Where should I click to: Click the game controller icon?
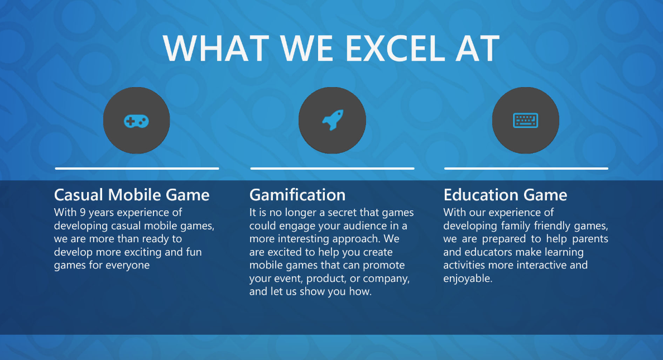(136, 122)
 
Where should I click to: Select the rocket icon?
(333, 120)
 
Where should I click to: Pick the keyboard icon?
(526, 121)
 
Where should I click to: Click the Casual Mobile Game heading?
(132, 195)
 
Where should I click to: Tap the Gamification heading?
(297, 195)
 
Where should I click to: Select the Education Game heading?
(505, 195)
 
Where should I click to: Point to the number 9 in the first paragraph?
(83, 212)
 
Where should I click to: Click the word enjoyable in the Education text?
(468, 279)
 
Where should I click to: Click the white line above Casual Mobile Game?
(137, 169)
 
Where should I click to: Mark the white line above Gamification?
(333, 169)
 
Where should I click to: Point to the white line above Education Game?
(526, 169)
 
